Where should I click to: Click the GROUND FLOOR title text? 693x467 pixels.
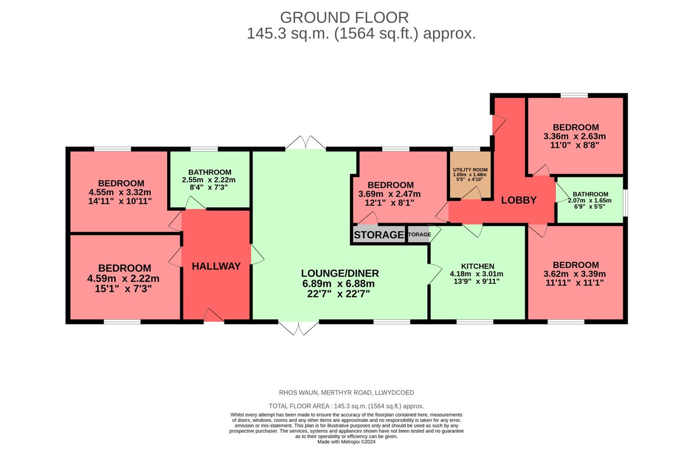point(344,18)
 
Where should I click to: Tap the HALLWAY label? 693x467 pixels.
point(216,266)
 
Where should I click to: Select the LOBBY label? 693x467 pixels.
point(519,200)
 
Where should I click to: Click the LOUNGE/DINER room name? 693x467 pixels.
point(340,273)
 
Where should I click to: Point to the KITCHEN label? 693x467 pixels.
point(477,266)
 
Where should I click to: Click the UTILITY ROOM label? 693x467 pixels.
point(470,170)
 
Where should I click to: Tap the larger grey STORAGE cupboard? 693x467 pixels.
point(378,235)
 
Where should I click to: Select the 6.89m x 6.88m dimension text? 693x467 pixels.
point(338,284)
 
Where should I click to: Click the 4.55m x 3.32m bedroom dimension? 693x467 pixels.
point(120,192)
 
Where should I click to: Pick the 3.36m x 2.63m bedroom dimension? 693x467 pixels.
point(574,136)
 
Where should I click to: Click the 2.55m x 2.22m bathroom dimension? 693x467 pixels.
point(209,180)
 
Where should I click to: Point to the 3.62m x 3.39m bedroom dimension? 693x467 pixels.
point(574,274)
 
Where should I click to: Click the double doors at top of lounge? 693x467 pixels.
point(306,143)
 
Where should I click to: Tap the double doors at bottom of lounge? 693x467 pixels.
point(298,328)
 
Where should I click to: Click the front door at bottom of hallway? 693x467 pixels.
point(214,316)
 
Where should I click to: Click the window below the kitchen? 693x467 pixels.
point(474,322)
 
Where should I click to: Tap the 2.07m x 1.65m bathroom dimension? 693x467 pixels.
point(589,201)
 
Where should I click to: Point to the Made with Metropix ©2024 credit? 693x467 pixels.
point(346,442)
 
